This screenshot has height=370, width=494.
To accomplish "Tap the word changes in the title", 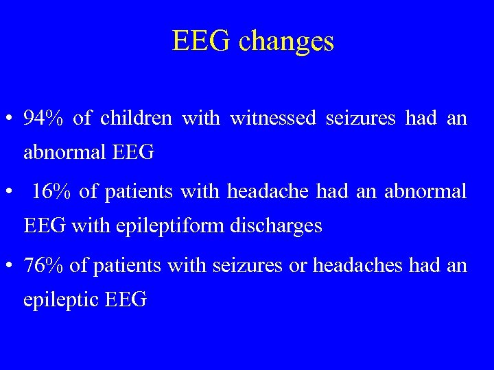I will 287,42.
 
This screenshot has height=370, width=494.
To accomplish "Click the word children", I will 136,119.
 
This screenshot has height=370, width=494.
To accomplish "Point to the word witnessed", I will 273,119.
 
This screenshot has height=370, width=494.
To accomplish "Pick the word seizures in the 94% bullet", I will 361,119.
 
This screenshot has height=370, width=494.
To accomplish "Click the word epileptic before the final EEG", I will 60,300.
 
